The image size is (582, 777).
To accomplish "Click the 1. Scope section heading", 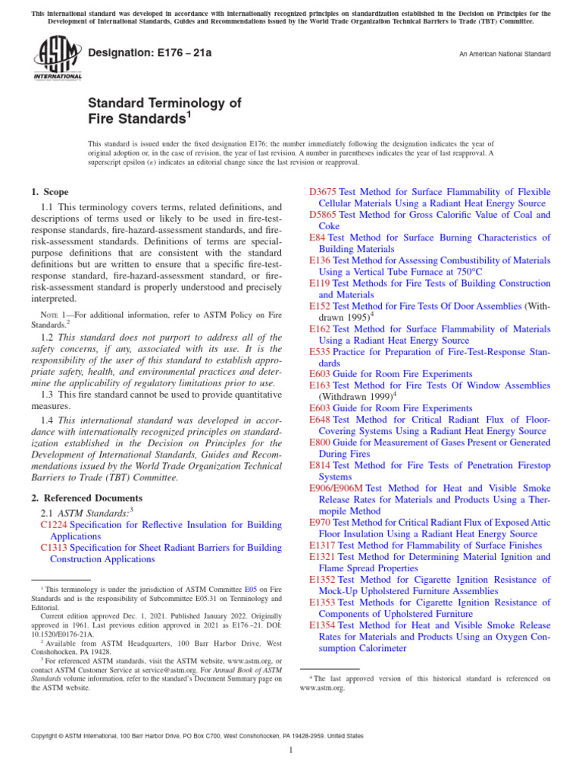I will (50, 193).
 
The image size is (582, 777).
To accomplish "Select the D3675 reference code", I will (324, 192).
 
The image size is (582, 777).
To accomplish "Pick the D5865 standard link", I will (324, 215).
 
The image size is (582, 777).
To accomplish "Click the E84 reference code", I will (318, 238).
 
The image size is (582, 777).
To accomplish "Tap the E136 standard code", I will (321, 260).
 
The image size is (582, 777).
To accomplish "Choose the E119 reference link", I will (321, 283).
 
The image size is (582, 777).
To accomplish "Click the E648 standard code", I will (321, 420).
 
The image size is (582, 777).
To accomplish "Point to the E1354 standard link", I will (324, 624).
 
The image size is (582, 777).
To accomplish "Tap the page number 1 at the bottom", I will (291, 750).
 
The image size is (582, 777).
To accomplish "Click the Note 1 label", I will (55, 315).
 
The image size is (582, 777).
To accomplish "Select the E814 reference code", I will (321, 465).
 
